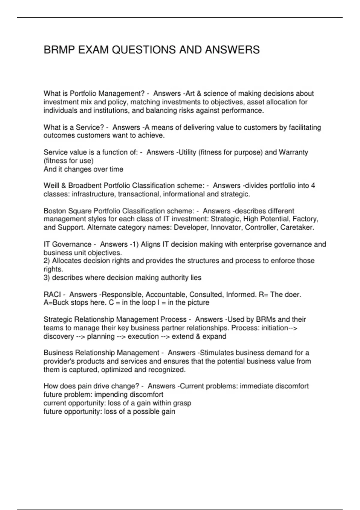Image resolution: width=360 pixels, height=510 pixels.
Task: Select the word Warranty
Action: [x=293, y=152]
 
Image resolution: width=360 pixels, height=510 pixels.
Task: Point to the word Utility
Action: [x=187, y=152]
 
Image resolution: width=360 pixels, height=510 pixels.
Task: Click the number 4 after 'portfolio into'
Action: [x=313, y=186]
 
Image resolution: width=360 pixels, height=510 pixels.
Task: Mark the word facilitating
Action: [x=304, y=127]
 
